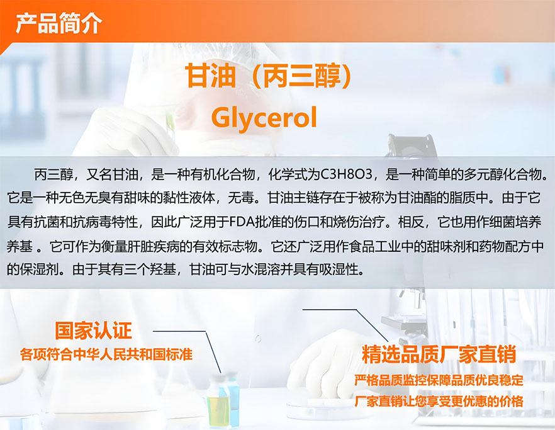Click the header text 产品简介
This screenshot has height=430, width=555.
(59, 23)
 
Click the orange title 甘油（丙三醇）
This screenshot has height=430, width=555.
(269, 76)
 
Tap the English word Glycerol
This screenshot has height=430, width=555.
(264, 118)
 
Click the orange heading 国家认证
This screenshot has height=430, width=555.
(93, 331)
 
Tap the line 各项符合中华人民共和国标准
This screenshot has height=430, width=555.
(106, 354)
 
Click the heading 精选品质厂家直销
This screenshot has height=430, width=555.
(439, 354)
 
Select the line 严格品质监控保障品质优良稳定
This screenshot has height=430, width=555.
(439, 380)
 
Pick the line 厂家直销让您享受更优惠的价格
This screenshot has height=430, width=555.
(439, 401)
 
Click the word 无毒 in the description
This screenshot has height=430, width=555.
(240, 198)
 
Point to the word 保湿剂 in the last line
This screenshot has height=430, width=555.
(39, 270)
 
